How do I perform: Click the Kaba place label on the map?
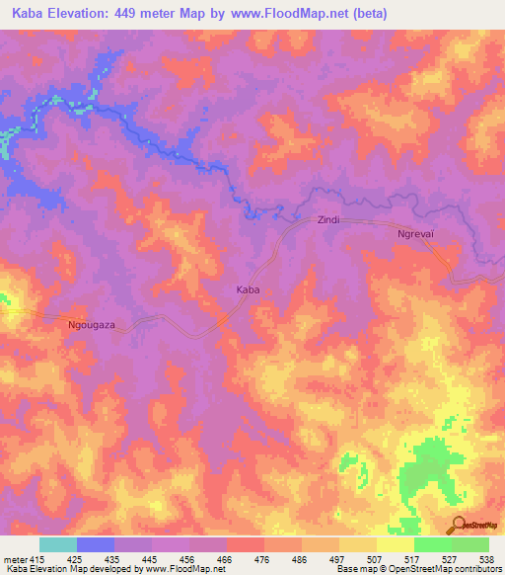tap(248, 290)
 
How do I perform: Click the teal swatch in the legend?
tap(58, 544)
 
